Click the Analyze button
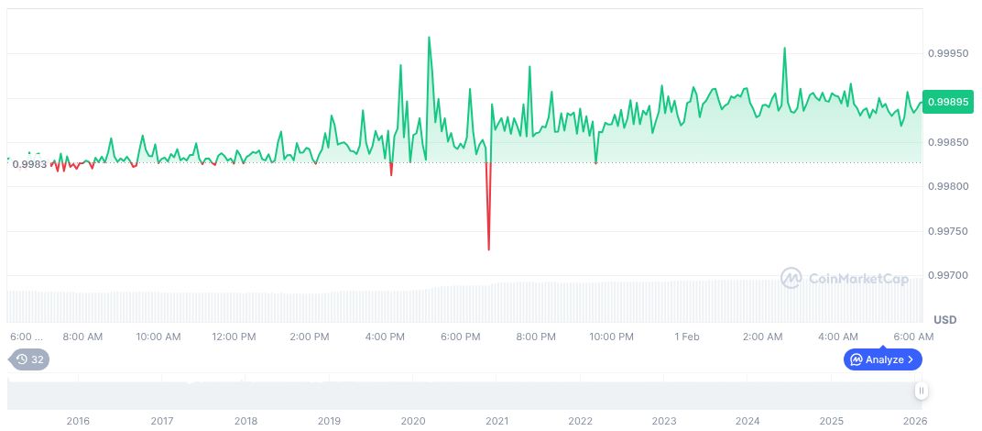point(882,359)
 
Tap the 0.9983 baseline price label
point(29,164)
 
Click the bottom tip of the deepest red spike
point(488,249)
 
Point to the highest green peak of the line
point(429,38)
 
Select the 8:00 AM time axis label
point(82,337)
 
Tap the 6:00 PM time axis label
point(460,337)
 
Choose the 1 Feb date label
point(687,337)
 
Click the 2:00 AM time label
point(762,337)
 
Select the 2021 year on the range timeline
point(496,421)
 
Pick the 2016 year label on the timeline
point(78,421)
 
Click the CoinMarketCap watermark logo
point(845,277)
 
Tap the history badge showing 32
point(29,359)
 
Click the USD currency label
point(944,319)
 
